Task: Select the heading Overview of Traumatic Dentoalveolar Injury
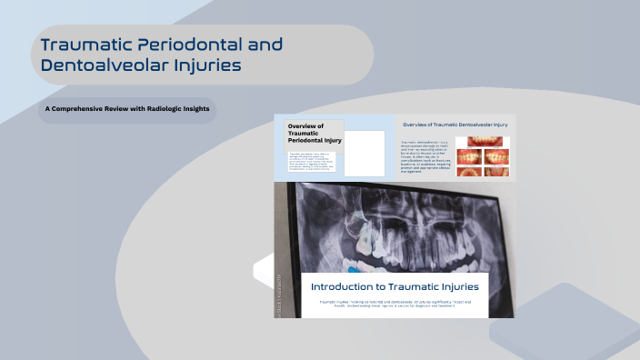coord(455,124)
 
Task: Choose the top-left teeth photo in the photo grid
coord(468,143)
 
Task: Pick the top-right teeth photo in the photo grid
coord(496,143)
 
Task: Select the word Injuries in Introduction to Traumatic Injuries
coord(455,286)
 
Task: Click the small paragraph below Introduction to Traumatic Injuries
coord(393,305)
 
